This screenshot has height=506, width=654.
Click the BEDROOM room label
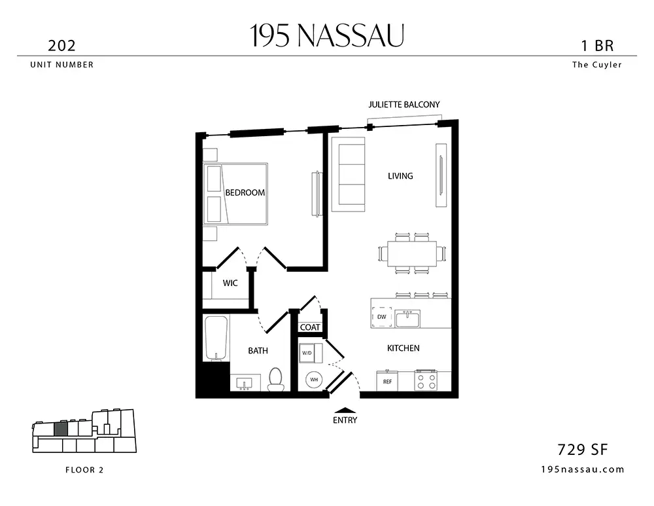[245, 192]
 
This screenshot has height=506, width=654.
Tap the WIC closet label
[230, 283]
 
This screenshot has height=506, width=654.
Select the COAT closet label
[310, 327]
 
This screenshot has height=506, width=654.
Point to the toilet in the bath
[275, 379]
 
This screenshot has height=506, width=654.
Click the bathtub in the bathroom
[216, 338]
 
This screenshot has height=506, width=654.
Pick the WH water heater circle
[314, 380]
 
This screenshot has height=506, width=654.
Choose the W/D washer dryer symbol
[311, 353]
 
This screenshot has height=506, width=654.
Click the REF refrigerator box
[387, 381]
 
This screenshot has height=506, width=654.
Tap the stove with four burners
[426, 381]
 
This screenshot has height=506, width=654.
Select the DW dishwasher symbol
[382, 317]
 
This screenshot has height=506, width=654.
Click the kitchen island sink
[407, 319]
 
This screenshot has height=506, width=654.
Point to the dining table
[411, 253]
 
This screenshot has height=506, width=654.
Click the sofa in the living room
[349, 175]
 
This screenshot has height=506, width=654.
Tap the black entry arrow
[345, 410]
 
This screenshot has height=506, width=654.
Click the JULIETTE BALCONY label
[404, 104]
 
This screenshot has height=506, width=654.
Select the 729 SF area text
[582, 450]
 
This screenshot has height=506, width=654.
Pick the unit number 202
[61, 46]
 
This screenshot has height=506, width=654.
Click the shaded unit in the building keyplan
[60, 429]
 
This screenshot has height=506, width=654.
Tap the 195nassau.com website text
[582, 469]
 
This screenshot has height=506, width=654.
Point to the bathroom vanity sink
[243, 383]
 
